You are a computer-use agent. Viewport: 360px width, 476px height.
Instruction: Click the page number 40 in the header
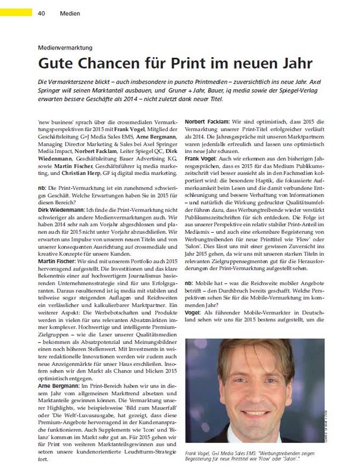41,12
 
